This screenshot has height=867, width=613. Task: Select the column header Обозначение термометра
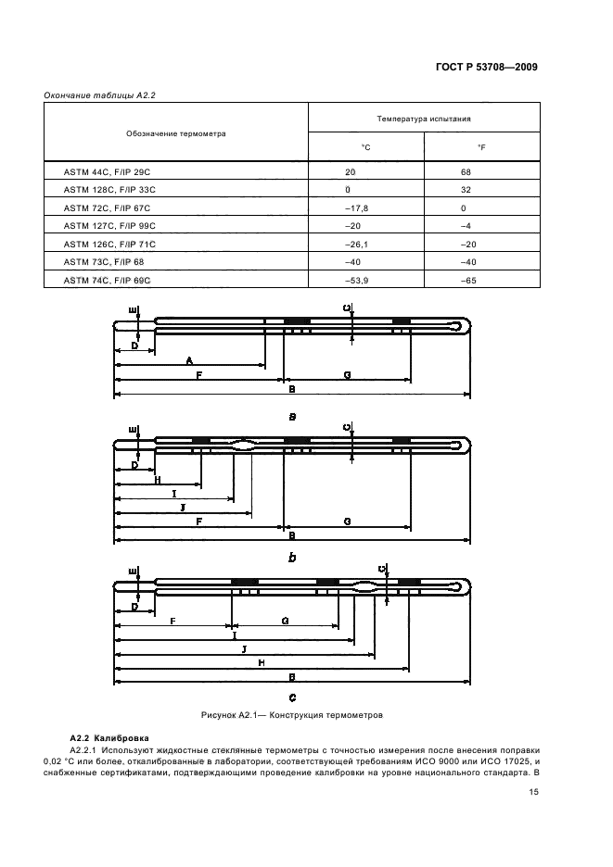(x=176, y=133)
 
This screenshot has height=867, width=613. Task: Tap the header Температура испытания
(x=423, y=119)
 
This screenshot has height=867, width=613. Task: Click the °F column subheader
(x=481, y=147)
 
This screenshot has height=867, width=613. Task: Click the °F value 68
(x=466, y=172)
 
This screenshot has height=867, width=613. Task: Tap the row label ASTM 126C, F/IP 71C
(x=109, y=243)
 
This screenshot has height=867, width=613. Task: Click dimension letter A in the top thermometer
(x=189, y=359)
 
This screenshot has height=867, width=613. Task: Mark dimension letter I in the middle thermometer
(x=173, y=495)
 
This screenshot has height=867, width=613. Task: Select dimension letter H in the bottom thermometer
(x=262, y=663)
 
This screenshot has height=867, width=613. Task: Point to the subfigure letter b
(x=292, y=559)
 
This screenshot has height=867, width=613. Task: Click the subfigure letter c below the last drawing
(x=292, y=697)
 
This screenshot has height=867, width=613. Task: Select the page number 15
(x=534, y=792)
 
